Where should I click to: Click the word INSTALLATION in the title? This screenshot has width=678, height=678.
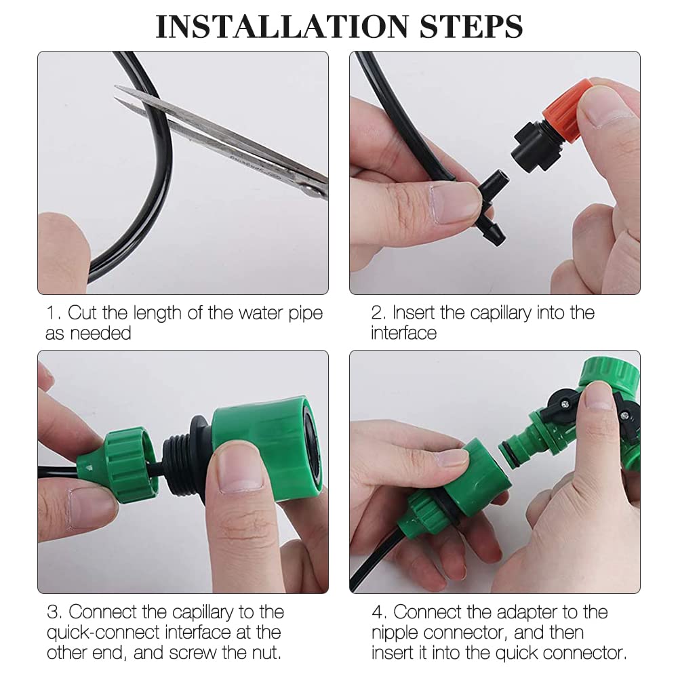click(281, 26)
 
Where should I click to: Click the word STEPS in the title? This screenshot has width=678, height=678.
click(471, 26)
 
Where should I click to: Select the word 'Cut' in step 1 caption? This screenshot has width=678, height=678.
click(82, 313)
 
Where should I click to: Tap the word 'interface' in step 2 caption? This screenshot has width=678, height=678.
click(403, 333)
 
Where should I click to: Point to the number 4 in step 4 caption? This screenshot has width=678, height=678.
click(377, 612)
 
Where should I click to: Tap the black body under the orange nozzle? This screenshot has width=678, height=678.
click(536, 145)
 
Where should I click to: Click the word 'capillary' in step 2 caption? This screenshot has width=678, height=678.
click(501, 313)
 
